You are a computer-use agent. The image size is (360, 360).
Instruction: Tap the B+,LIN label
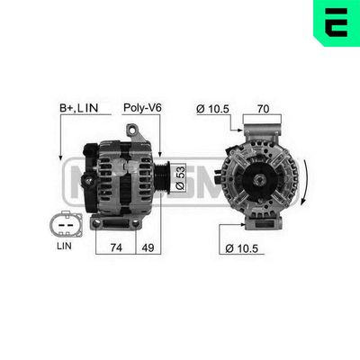[x=78, y=109]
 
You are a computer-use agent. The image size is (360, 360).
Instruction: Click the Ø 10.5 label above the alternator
[x=213, y=109]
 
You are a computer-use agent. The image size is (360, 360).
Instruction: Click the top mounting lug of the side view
[x=138, y=132]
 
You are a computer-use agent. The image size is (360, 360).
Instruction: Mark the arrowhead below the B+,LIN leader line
[x=60, y=154]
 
